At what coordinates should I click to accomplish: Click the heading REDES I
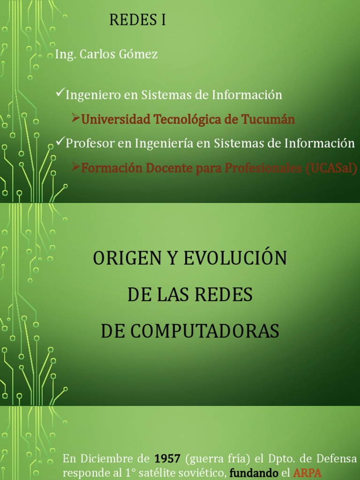pyautogui.click(x=137, y=20)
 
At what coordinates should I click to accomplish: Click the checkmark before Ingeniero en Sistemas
pyautogui.click(x=60, y=92)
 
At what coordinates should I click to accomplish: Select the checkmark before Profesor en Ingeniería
pyautogui.click(x=60, y=141)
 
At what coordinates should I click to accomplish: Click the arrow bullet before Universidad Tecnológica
pyautogui.click(x=75, y=118)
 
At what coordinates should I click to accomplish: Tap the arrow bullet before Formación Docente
pyautogui.click(x=75, y=166)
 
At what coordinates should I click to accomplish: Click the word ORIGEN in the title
pyautogui.click(x=127, y=258)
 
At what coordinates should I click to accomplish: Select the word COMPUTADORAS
pyautogui.click(x=190, y=331)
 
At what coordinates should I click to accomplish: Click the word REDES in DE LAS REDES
pyautogui.click(x=224, y=294)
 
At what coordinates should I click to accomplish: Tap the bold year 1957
pyautogui.click(x=167, y=458)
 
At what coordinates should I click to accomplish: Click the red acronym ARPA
pyautogui.click(x=307, y=472)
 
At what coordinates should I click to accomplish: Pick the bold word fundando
pyautogui.click(x=254, y=473)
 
